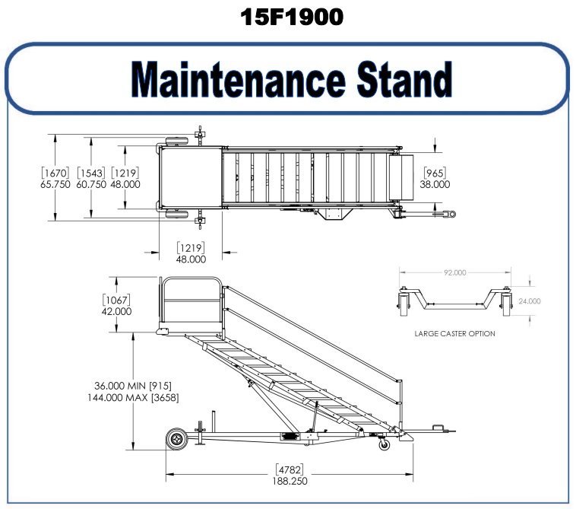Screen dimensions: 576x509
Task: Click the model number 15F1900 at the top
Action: click(292, 17)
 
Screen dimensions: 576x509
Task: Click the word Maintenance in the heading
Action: click(238, 79)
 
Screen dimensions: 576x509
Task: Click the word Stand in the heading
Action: click(404, 78)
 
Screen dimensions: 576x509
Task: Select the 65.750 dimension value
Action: click(55, 184)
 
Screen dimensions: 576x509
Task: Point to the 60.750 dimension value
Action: click(91, 184)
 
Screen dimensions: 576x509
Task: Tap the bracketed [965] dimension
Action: click(435, 173)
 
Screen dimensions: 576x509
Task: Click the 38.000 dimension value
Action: click(435, 184)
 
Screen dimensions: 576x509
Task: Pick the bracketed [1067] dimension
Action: click(116, 300)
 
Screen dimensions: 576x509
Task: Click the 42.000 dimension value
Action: click(116, 311)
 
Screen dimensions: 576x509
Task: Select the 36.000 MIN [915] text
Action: click(133, 386)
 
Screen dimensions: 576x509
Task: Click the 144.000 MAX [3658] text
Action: click(133, 398)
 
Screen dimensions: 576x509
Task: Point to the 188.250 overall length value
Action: click(290, 481)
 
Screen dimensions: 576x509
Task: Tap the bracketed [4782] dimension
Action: click(290, 469)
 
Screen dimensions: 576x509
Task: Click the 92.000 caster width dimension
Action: click(454, 272)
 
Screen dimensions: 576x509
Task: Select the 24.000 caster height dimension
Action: click(530, 301)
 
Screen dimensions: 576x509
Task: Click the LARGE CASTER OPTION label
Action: click(454, 333)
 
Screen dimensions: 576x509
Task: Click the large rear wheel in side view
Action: click(177, 439)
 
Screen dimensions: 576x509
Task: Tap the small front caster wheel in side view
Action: click(385, 444)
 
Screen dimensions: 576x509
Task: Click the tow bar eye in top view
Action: click(451, 214)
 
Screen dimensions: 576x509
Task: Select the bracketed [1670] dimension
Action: click(55, 173)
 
